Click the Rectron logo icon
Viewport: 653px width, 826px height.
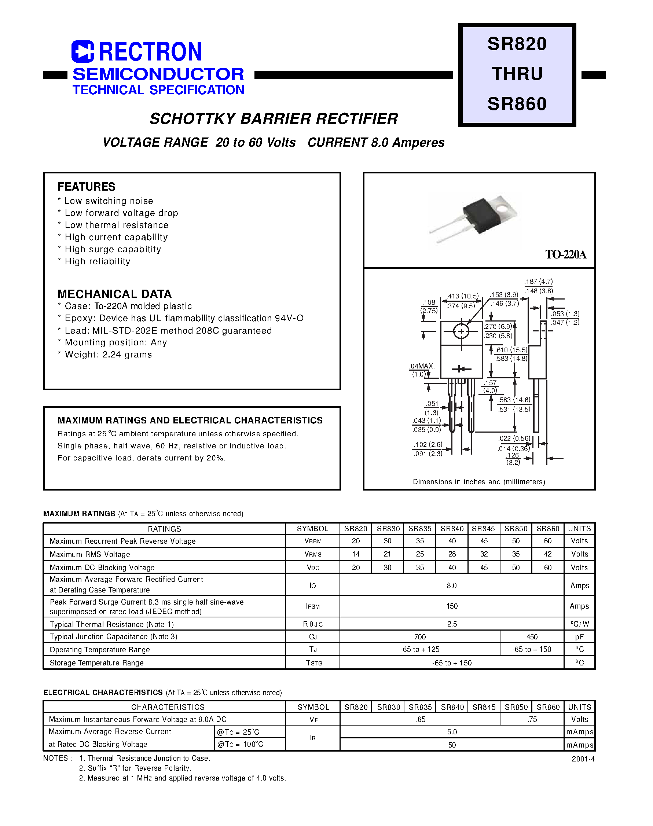[82, 52]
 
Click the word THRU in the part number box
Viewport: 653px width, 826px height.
[517, 74]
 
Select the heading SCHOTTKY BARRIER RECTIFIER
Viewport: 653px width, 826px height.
[274, 119]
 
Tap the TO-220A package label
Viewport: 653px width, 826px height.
[565, 254]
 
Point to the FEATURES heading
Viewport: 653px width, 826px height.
[87, 187]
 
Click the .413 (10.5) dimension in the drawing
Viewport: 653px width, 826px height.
[463, 296]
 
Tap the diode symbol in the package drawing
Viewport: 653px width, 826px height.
[461, 369]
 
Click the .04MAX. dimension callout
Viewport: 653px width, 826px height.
[422, 366]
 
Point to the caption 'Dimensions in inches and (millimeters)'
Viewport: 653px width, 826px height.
[479, 482]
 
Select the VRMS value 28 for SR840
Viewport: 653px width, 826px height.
[452, 554]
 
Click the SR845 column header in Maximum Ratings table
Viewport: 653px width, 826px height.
[483, 529]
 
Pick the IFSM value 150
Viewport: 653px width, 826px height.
[452, 606]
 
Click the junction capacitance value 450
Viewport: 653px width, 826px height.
[532, 637]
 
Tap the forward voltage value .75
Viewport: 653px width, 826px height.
[532, 719]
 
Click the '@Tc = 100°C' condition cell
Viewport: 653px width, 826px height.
[240, 744]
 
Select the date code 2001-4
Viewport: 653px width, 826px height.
[583, 759]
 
